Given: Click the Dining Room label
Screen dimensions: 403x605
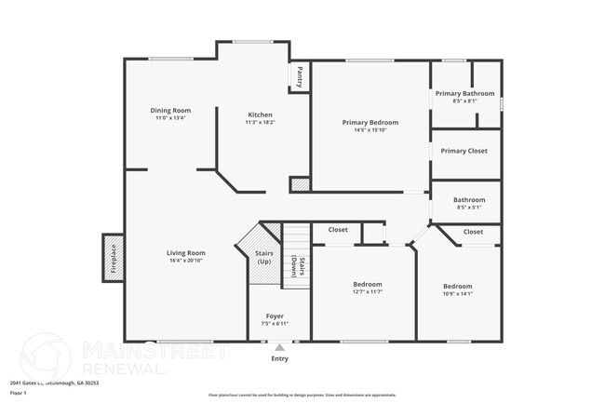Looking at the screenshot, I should click(x=170, y=110).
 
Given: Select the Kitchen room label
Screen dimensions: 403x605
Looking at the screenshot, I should click(x=259, y=114).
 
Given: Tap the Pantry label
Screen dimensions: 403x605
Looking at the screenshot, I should click(x=300, y=76).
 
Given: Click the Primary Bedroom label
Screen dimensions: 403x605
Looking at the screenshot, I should click(x=370, y=123).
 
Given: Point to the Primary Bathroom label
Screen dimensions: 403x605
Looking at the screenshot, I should click(x=464, y=93).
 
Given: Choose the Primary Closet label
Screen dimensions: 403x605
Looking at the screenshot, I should click(x=464, y=150).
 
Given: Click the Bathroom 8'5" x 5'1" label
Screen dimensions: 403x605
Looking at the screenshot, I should click(x=468, y=200).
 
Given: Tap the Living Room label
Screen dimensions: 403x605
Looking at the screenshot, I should click(x=186, y=253).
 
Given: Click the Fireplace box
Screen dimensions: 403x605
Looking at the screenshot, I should click(x=113, y=258).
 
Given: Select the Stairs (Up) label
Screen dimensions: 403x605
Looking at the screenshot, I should click(x=264, y=256).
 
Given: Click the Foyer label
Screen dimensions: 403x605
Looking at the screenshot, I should click(x=275, y=316).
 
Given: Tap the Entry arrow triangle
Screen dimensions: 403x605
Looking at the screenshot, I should click(x=279, y=347).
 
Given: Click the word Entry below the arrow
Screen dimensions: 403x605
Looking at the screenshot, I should click(x=279, y=358).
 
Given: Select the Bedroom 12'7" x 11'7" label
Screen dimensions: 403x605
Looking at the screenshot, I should click(x=368, y=286).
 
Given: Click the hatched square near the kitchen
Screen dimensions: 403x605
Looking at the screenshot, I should click(x=300, y=185).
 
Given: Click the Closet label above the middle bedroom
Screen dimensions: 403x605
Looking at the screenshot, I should click(x=338, y=229).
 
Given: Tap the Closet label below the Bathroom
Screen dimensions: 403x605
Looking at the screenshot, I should click(x=473, y=231).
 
